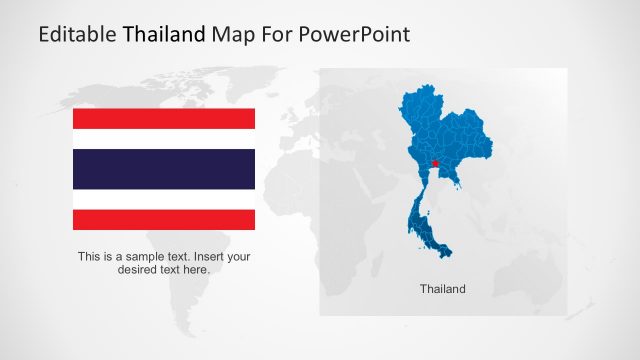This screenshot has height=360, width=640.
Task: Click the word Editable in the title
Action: (77, 35)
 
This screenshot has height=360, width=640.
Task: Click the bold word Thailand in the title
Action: (165, 35)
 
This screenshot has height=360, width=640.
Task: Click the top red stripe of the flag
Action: (164, 118)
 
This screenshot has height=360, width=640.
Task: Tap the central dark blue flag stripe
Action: (164, 169)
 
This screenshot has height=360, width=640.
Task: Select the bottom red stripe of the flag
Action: (164, 220)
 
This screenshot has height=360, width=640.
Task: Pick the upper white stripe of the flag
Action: (164, 138)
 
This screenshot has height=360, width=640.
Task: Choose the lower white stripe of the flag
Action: (164, 200)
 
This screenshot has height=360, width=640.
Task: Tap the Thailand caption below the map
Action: (442, 289)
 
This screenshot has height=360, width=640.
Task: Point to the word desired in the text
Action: (139, 270)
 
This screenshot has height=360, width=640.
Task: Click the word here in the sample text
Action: (197, 270)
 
